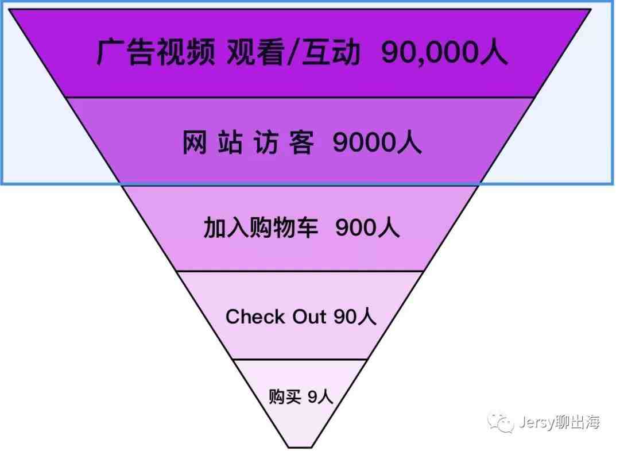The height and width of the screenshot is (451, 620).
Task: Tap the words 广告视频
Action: coord(156,52)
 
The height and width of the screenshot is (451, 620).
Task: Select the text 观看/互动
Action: coord(293,52)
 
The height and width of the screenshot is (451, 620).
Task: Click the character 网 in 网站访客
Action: coord(194,142)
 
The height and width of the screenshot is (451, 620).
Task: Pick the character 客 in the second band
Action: coord(301,142)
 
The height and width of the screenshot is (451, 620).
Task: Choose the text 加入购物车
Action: coord(261,228)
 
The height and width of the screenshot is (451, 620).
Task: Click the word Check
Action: coord(255,317)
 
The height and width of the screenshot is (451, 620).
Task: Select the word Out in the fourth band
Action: coord(309,317)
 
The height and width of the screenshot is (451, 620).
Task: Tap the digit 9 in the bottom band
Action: coord(312,396)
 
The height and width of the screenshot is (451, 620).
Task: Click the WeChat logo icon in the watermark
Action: coord(500,422)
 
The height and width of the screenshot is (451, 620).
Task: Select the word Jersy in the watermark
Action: coord(537,422)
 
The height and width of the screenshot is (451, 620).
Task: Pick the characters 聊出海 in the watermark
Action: coord(578,422)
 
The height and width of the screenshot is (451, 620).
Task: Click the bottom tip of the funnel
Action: coord(300,448)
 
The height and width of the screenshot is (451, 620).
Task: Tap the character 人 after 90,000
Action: coord(494,52)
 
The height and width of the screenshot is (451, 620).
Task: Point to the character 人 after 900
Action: coord(388,228)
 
